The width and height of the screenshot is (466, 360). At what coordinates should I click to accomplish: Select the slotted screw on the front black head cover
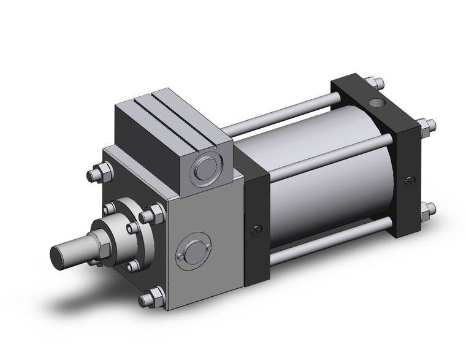[256, 231]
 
